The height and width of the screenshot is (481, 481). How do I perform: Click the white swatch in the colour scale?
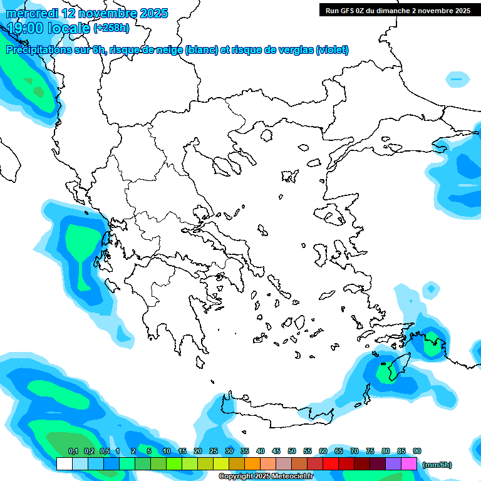pos(64,464)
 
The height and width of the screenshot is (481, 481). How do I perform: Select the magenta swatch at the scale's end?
pos(409,464)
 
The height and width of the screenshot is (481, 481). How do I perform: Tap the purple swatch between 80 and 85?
pos(393,464)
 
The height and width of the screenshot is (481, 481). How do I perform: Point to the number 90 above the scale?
pos(417,451)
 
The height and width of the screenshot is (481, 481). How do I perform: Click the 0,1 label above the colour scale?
pos(73,451)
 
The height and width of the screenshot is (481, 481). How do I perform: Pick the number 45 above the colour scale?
pos(276,451)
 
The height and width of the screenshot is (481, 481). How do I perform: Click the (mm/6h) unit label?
pos(437,465)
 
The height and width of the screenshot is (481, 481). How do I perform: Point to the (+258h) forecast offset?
pos(111,28)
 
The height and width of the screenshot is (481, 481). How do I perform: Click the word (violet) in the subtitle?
pos(332,50)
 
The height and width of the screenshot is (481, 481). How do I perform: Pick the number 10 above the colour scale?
pos(167,451)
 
